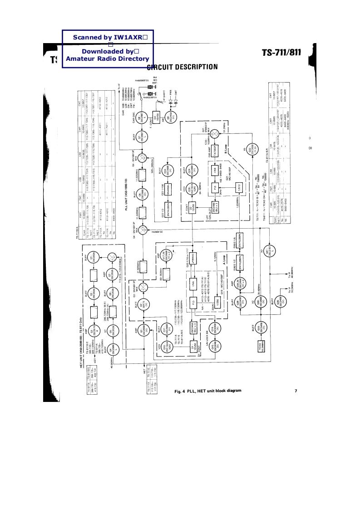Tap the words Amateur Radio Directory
coord(107,59)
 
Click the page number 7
coord(296,391)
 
